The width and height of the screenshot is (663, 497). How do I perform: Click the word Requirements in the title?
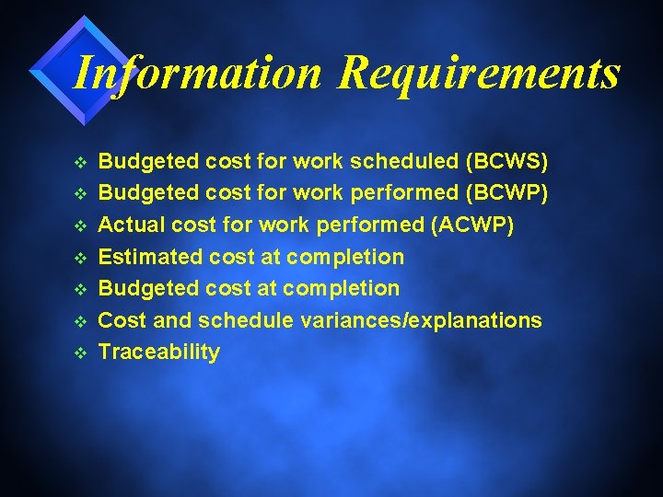479,74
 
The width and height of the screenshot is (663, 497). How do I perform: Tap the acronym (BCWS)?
507,162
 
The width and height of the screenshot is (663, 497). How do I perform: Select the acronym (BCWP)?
508,193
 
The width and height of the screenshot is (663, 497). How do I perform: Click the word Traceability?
159,352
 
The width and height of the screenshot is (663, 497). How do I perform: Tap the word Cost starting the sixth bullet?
121,320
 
